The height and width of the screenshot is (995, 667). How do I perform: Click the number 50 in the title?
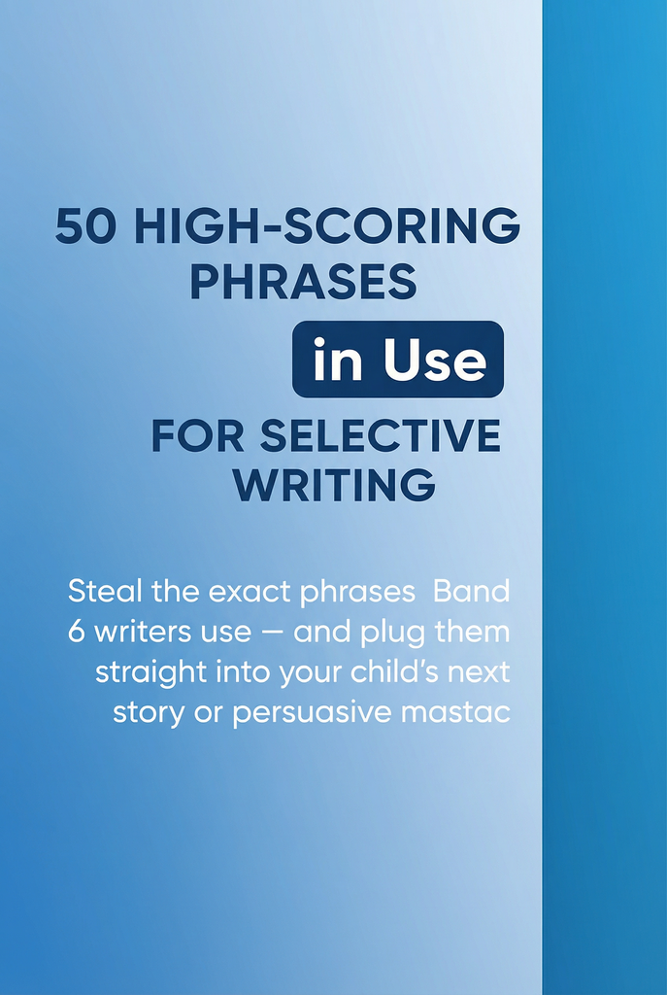coord(85,225)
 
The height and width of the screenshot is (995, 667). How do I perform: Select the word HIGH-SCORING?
coord(327,225)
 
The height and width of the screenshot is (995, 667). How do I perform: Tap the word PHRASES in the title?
coord(303,282)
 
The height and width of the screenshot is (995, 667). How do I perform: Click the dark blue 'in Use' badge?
coord(398,360)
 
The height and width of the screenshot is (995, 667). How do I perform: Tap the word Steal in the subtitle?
coord(105,592)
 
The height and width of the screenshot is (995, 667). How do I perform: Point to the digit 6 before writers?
coord(76,632)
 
